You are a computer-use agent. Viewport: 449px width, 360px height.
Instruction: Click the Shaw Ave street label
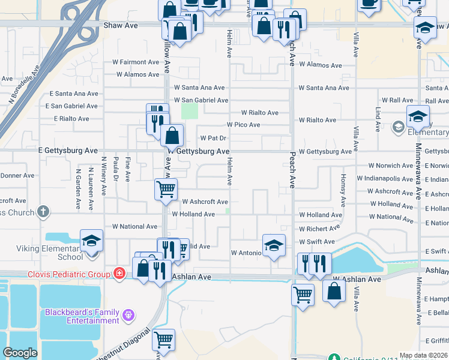pyautogui.click(x=121, y=26)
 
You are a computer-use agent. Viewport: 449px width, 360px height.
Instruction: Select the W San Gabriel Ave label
pyautogui.click(x=201, y=100)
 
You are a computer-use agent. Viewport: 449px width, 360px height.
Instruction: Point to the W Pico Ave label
pyautogui.click(x=243, y=125)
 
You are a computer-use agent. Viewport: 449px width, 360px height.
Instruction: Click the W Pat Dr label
pyautogui.click(x=212, y=138)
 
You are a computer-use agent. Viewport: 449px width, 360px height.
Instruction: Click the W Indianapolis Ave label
pyautogui.click(x=385, y=179)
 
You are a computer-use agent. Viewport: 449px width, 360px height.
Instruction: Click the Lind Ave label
pyautogui.click(x=378, y=119)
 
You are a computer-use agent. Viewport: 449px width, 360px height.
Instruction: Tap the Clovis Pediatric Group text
pyautogui.click(x=68, y=274)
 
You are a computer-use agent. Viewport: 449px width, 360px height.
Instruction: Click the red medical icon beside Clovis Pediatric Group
pyautogui.click(x=119, y=274)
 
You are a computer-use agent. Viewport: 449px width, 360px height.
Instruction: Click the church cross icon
pyautogui.click(x=43, y=211)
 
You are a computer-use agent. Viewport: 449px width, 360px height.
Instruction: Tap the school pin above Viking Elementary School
pyautogui.click(x=91, y=241)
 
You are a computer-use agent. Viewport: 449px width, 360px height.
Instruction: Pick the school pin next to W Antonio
pyautogui.click(x=273, y=245)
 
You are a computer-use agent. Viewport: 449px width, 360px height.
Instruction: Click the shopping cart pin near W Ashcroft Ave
pyautogui.click(x=166, y=189)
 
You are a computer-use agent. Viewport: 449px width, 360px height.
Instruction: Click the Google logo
pyautogui.click(x=20, y=353)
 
